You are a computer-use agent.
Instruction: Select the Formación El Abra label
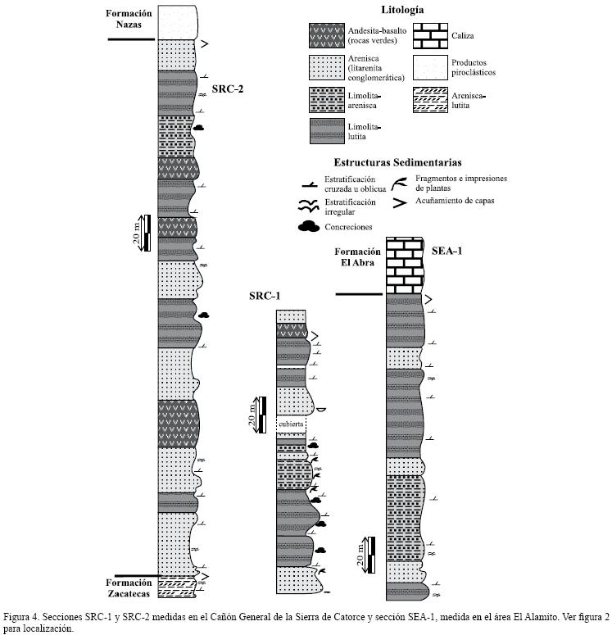point(358,258)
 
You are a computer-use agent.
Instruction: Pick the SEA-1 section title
point(447,250)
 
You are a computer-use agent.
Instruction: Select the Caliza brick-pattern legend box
point(428,37)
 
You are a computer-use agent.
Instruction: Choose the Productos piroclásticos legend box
point(428,67)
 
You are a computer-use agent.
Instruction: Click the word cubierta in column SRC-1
point(292,424)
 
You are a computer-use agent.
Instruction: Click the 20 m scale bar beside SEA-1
point(372,554)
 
